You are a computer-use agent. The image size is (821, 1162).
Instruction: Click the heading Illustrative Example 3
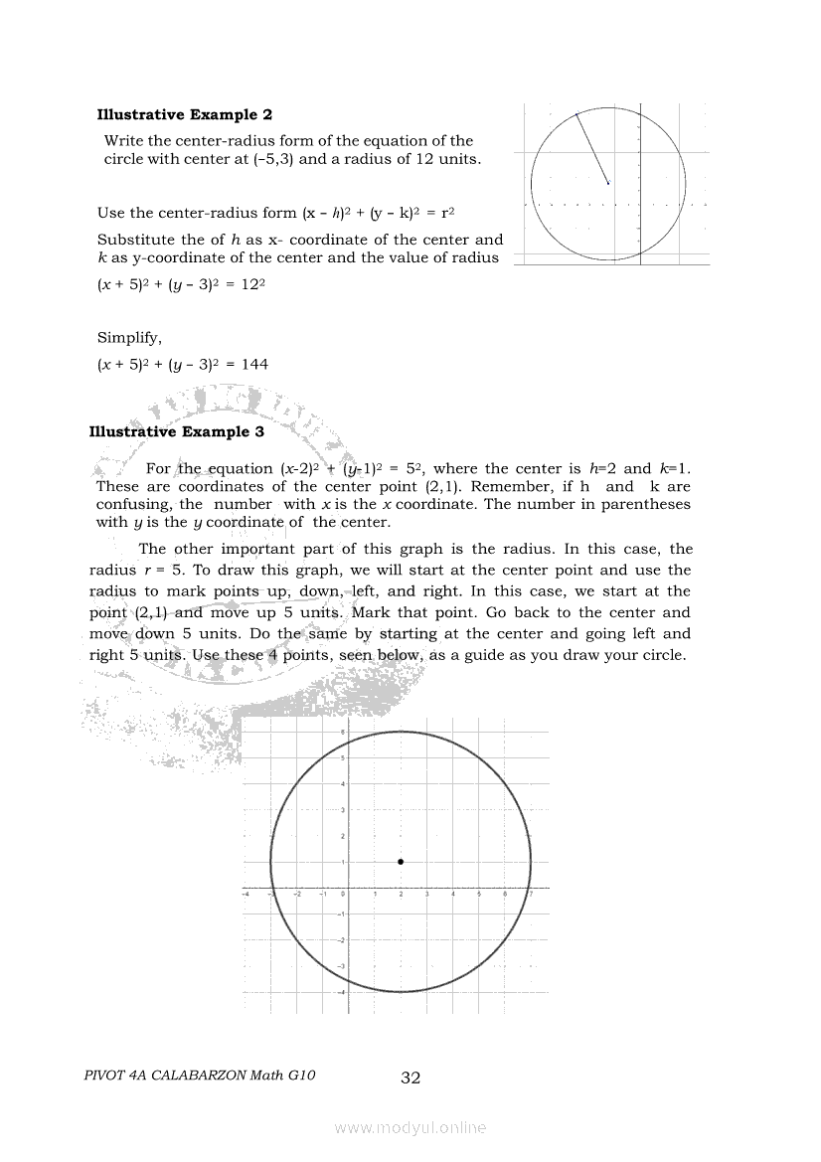click(176, 432)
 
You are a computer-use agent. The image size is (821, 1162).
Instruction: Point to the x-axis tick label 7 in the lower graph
click(532, 894)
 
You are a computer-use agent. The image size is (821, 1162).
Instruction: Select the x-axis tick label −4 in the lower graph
click(246, 894)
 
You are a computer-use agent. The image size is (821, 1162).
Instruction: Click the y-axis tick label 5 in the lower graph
click(343, 758)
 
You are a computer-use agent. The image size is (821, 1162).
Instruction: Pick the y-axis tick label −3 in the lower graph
click(341, 966)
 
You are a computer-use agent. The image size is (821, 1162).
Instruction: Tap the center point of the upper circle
click(608, 183)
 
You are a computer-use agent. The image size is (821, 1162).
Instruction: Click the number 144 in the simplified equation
click(254, 365)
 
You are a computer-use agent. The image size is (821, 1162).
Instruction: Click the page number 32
click(410, 1078)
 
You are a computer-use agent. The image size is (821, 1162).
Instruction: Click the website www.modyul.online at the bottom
click(410, 1127)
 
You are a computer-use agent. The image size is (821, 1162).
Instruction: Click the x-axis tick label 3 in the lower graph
click(426, 894)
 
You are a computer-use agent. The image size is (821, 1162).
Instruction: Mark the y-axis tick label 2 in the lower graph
click(343, 836)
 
